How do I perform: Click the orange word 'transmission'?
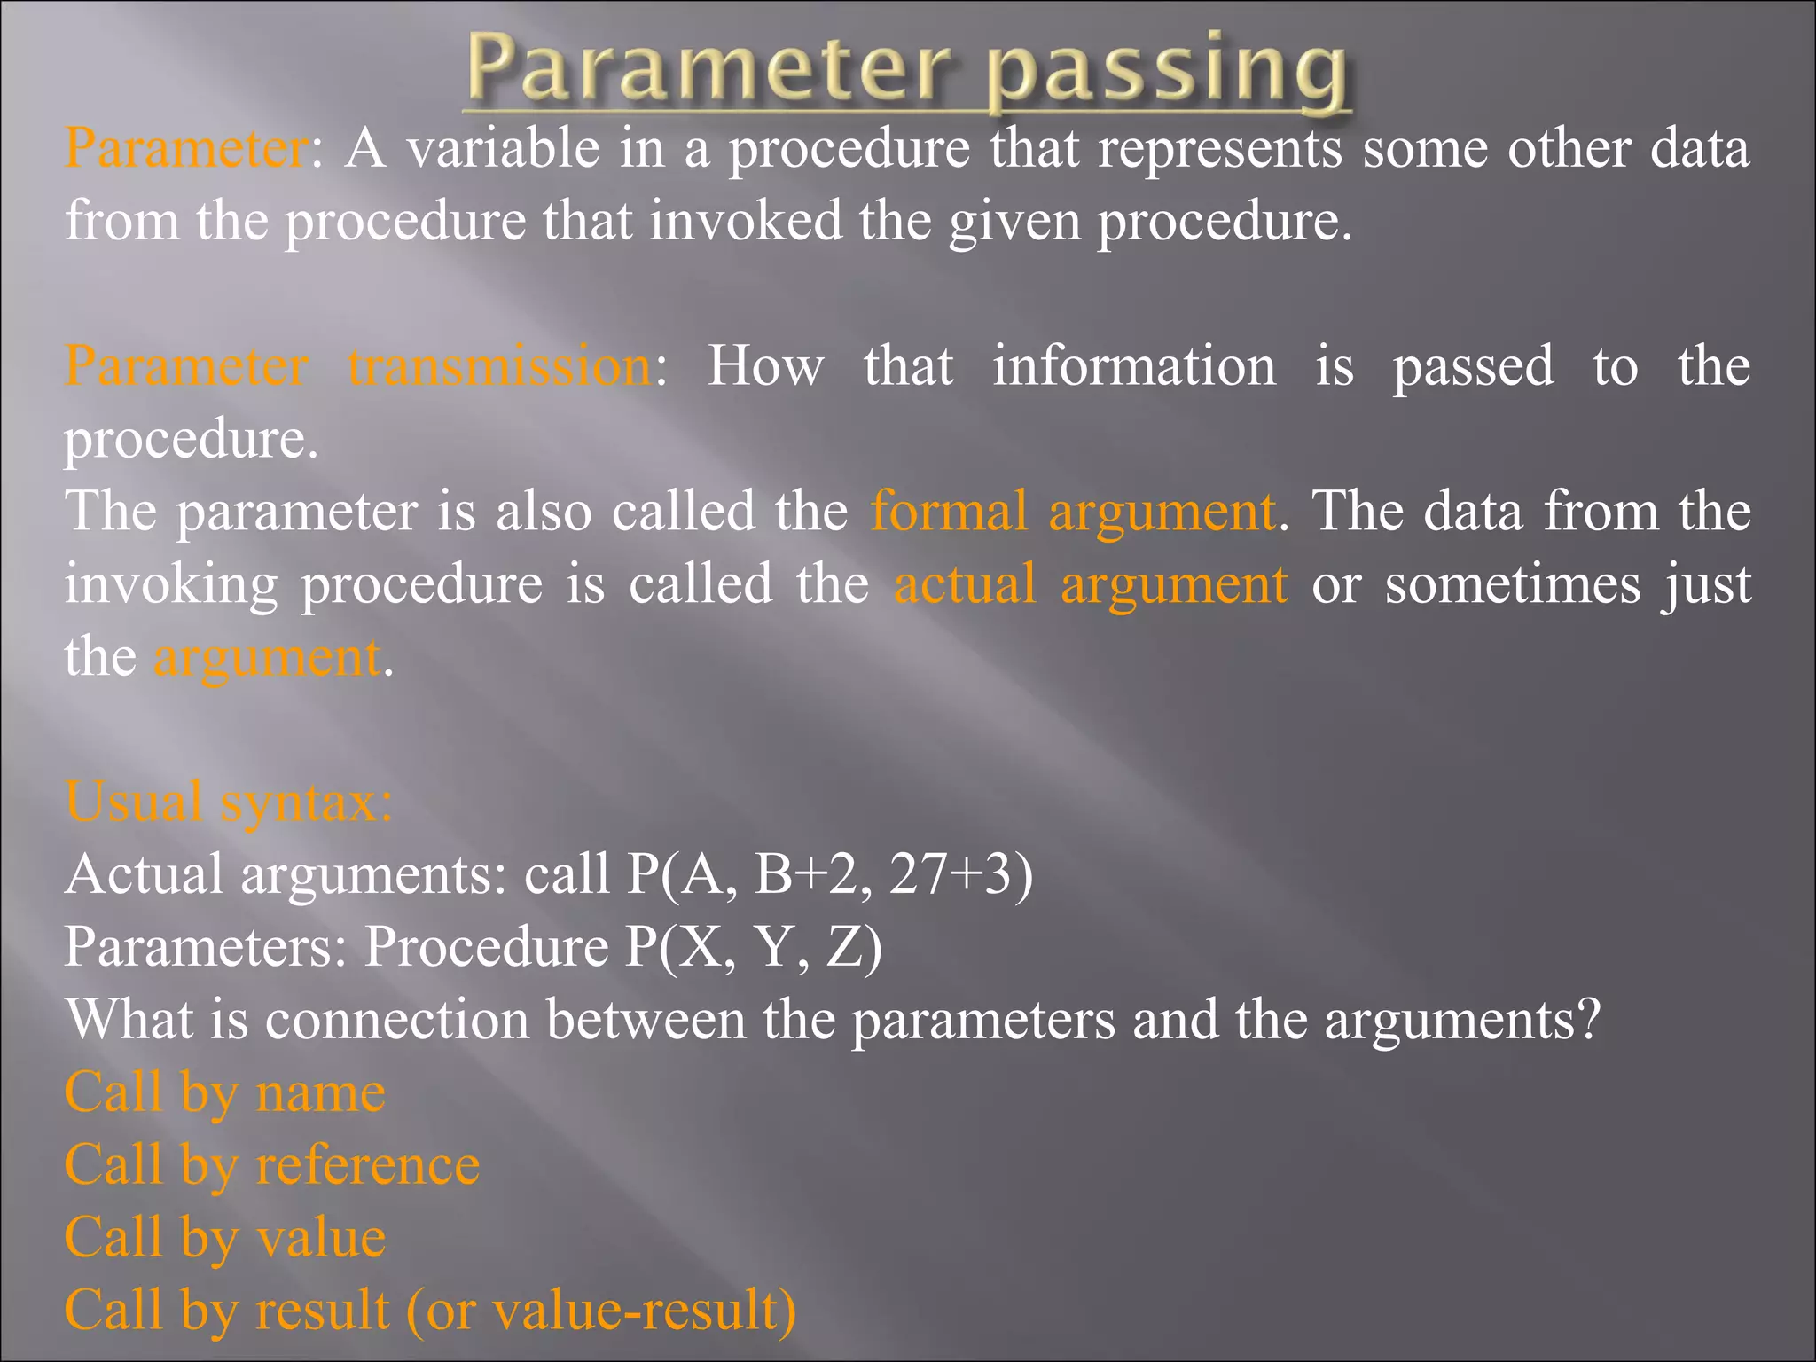point(500,366)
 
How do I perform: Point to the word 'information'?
point(1134,366)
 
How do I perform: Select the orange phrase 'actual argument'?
point(1090,584)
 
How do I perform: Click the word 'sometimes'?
point(1513,584)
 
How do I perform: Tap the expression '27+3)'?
point(961,874)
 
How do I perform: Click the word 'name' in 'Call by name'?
point(320,1092)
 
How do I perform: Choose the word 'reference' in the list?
point(367,1165)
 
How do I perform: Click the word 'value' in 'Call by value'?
point(320,1238)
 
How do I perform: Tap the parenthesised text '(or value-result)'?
point(601,1311)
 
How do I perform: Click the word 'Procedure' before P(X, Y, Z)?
point(486,947)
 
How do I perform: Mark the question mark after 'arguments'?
point(1589,1020)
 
